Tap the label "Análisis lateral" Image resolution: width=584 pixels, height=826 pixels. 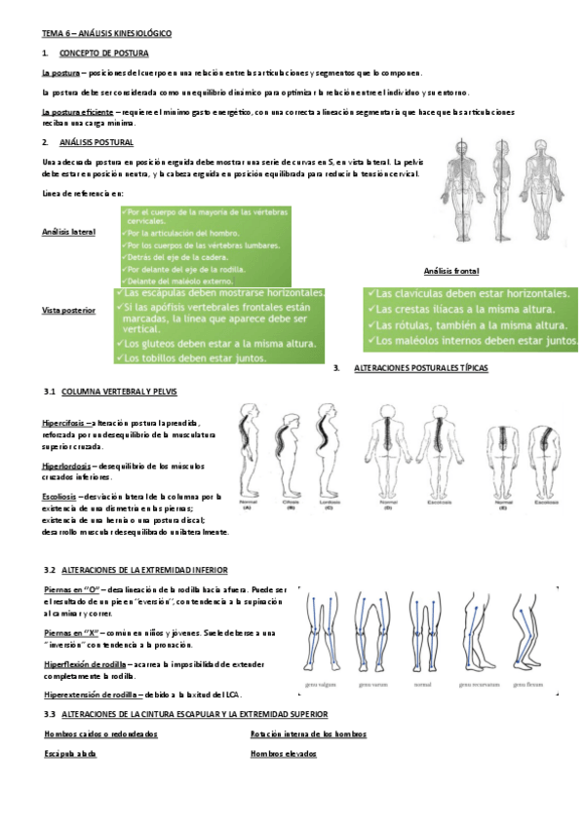[x=68, y=232]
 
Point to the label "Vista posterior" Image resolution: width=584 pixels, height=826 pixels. [x=68, y=310]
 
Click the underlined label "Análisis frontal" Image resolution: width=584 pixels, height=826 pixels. [x=451, y=271]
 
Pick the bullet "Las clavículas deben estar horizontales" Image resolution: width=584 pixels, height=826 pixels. [x=473, y=292]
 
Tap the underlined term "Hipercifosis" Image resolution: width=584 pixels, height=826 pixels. [x=67, y=423]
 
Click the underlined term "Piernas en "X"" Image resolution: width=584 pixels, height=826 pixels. [x=75, y=633]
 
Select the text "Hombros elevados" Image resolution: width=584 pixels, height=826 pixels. [x=283, y=754]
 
